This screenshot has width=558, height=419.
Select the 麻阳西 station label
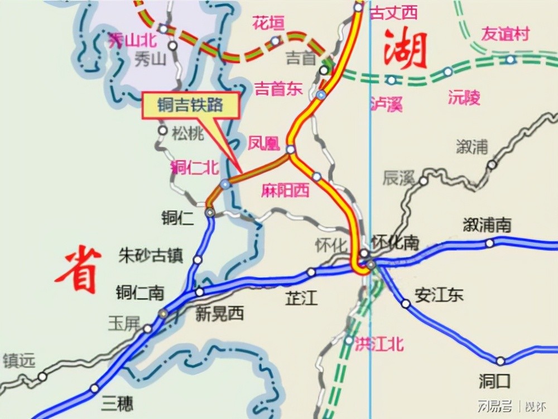pos(285,191)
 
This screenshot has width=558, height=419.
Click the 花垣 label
pos(268,23)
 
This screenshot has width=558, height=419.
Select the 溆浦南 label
pos(487,225)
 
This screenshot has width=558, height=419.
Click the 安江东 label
pos(439,294)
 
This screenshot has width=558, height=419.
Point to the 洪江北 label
pos(379,343)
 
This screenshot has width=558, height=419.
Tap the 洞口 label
pos(494,381)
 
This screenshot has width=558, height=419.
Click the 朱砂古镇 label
pos(151,256)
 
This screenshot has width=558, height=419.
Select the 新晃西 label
pos(220,314)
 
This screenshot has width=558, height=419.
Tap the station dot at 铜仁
pos(210,212)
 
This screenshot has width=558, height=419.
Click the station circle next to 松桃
pos(162,130)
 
